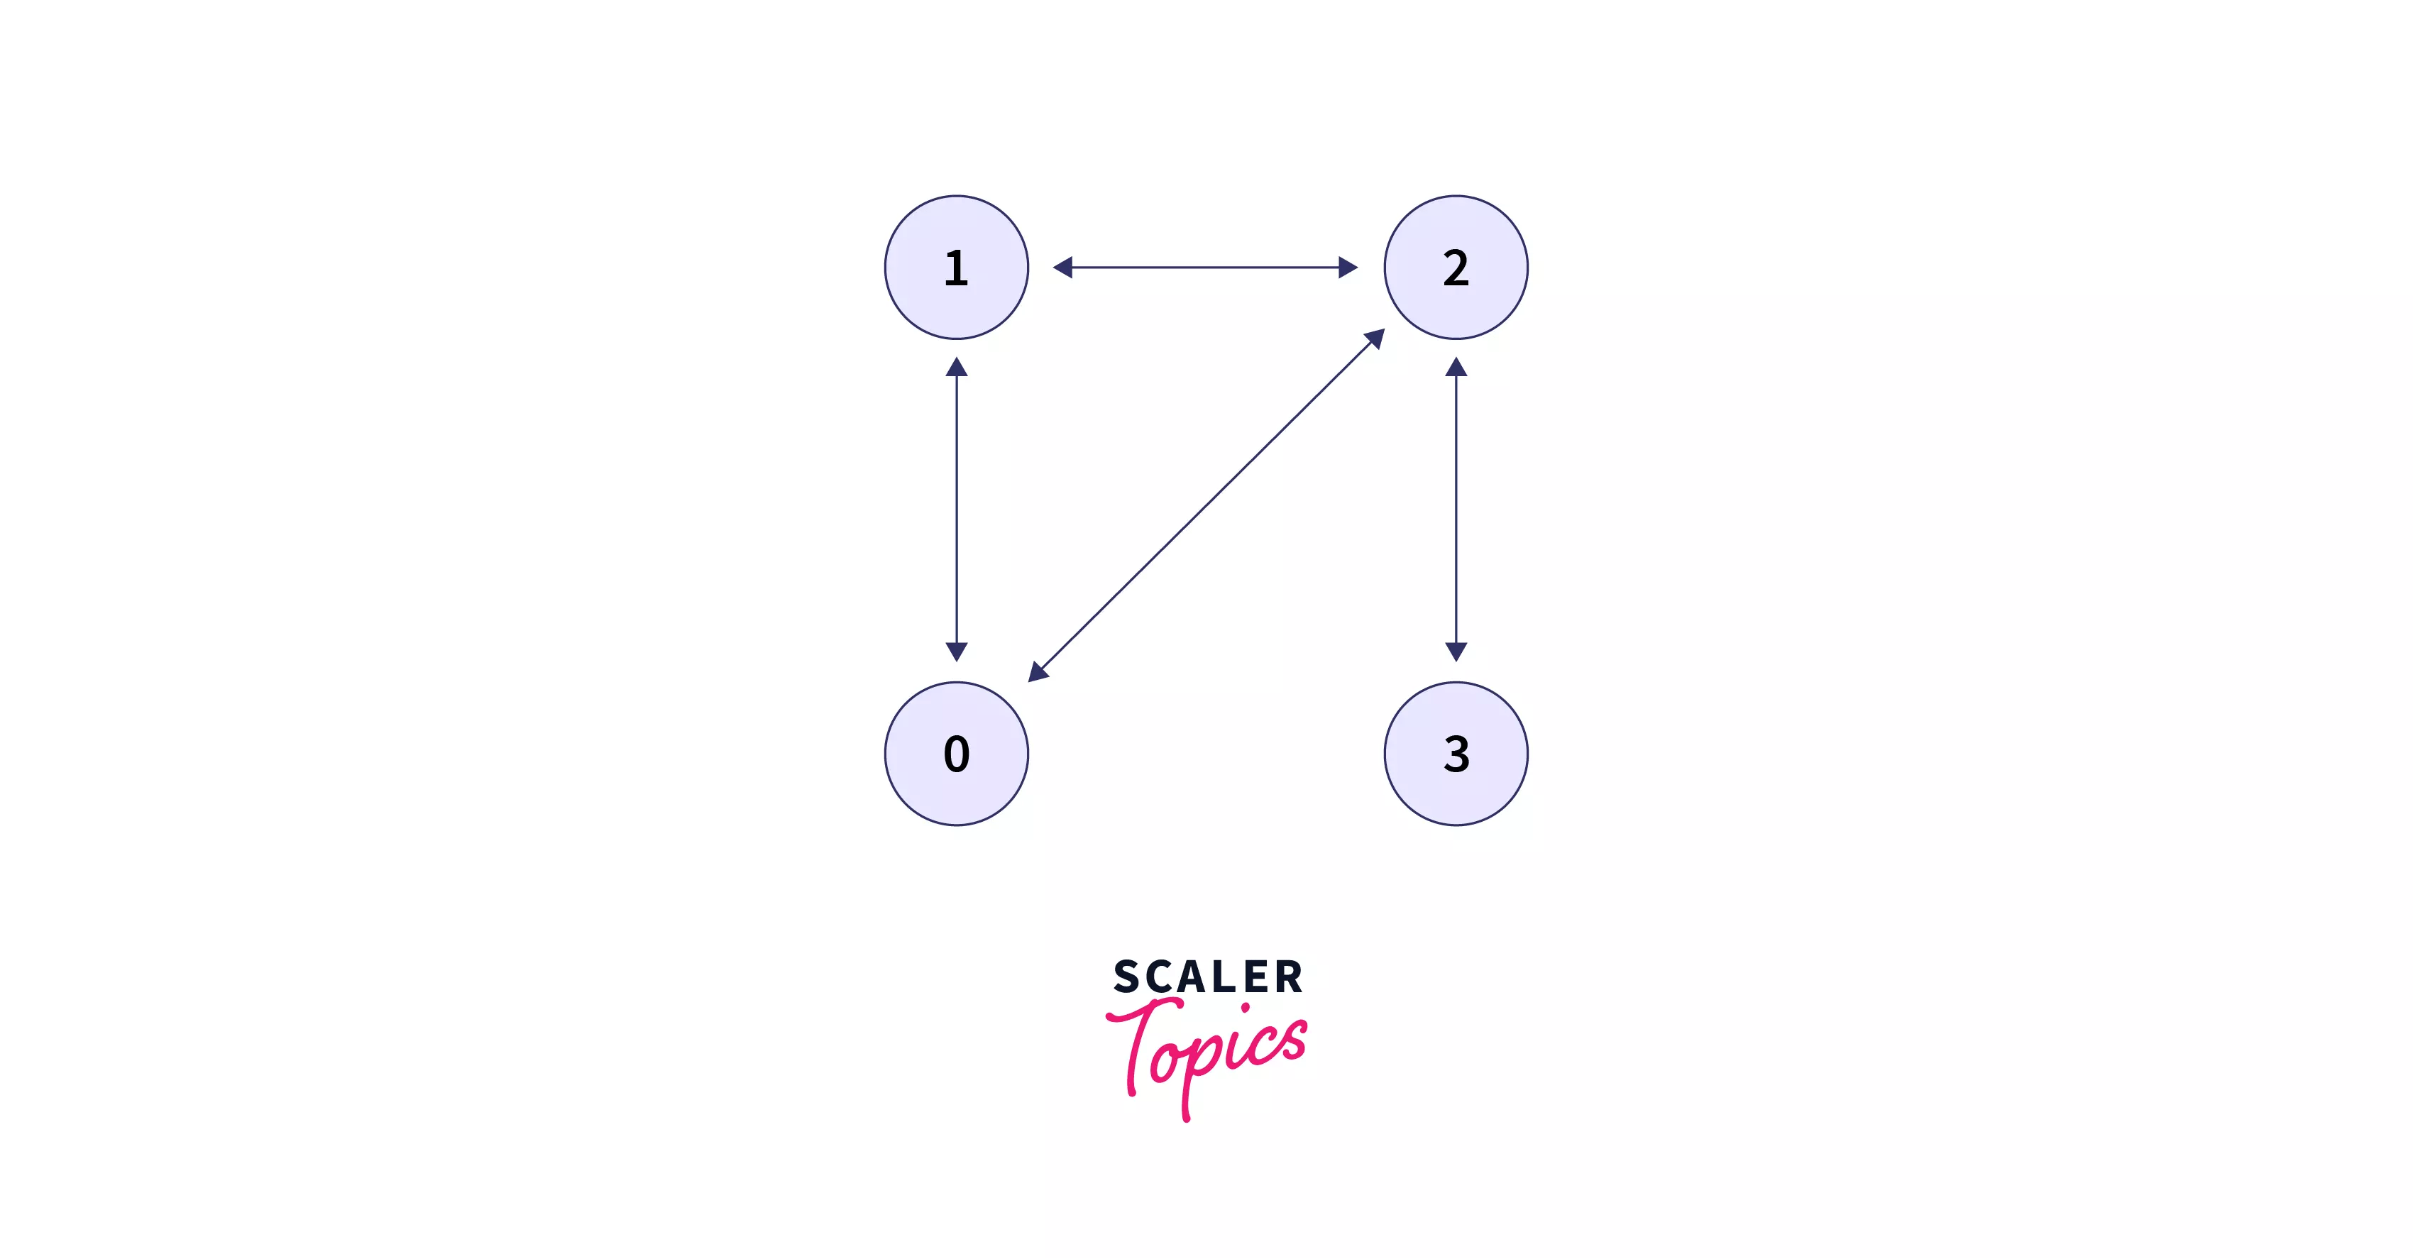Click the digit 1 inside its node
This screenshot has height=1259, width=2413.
pos(955,268)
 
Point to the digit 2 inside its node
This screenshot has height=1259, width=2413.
pos(1456,268)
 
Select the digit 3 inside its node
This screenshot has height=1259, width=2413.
pos(1456,754)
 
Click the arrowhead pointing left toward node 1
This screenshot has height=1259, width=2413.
pos(1063,268)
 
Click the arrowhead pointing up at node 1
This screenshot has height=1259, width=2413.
pos(957,367)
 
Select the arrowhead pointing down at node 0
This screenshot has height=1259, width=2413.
pos(957,651)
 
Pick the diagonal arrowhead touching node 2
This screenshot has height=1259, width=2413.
pos(1375,338)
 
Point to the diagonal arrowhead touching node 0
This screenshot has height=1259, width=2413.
pos(1037,671)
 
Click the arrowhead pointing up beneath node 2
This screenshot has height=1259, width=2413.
pos(1456,367)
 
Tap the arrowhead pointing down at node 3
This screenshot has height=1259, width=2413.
pos(1456,651)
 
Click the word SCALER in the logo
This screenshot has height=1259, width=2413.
pos(1207,977)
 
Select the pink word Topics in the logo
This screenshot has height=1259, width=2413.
pos(1209,1054)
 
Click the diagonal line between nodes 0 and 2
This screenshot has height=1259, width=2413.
pos(1206,505)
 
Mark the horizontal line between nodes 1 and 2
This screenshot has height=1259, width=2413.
pos(1206,268)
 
